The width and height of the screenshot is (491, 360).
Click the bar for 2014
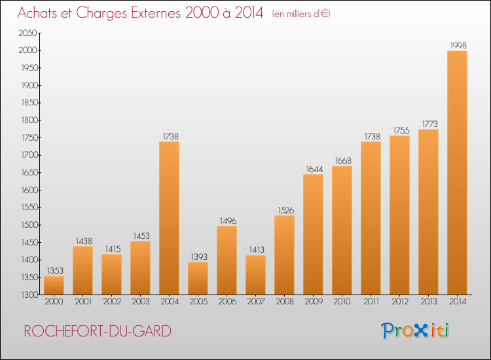457,173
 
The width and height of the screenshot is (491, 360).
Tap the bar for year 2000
54,285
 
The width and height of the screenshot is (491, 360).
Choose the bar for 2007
255,275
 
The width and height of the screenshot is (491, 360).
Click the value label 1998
457,45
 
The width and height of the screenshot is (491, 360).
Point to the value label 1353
54,270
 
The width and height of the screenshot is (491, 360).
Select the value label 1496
227,221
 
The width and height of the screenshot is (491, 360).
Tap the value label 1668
342,160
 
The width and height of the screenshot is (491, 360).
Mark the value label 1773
428,124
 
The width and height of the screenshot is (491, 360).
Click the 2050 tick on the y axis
28,33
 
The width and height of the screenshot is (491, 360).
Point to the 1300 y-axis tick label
28,295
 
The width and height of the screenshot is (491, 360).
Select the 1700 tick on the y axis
28,155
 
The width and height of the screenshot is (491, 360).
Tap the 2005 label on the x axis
198,302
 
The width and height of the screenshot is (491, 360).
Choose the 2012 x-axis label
399,302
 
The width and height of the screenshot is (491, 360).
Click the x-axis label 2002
111,302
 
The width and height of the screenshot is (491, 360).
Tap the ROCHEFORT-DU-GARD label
98,331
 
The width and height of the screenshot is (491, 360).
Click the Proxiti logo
415,331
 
